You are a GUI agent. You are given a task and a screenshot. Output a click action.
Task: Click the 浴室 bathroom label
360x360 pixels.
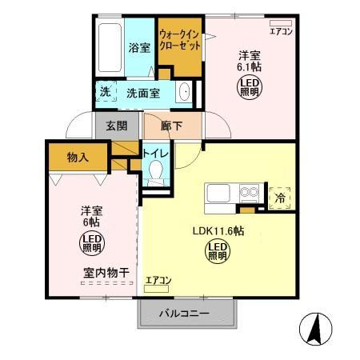pyautogui.click(x=140, y=48)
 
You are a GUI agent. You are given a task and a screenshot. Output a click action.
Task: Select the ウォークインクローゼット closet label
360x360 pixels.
pyautogui.click(x=179, y=41)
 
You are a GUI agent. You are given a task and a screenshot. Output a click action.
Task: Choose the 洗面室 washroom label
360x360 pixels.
pyautogui.click(x=143, y=93)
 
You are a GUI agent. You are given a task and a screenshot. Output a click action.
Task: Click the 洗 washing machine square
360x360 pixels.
pyautogui.click(x=105, y=92)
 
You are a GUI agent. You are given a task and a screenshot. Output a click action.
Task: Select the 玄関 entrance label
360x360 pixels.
pyautogui.click(x=117, y=126)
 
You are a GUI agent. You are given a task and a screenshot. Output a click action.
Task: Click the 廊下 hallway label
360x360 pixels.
pyautogui.click(x=172, y=126)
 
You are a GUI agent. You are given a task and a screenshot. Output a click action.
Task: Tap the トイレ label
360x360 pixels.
pyautogui.click(x=155, y=151)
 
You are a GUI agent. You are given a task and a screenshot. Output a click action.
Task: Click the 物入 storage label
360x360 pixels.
pyautogui.click(x=78, y=158)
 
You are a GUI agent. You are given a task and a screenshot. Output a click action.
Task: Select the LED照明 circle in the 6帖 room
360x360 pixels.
pyautogui.click(x=90, y=241)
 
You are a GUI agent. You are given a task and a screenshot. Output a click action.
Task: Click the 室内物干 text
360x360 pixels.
pyautogui.click(x=106, y=273)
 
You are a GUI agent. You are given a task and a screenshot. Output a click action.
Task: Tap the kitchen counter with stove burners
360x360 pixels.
pyautogui.click(x=233, y=195)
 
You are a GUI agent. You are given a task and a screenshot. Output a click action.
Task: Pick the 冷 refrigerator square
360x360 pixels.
pyautogui.click(x=280, y=197)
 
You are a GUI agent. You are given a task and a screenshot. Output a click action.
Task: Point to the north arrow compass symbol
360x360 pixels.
pyautogui.click(x=314, y=329)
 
